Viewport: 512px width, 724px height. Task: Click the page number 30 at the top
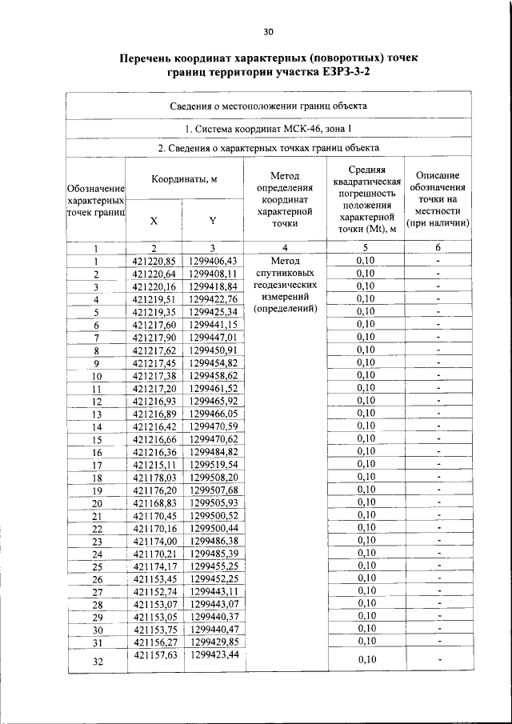pos(268,32)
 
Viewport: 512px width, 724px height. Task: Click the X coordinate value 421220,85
pos(154,261)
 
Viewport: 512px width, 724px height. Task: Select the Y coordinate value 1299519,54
pos(214,464)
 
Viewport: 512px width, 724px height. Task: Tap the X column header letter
pos(154,222)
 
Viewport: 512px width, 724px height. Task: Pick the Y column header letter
pos(213,222)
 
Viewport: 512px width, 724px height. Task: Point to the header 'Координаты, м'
pos(184,179)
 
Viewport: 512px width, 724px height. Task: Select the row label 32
pos(96,661)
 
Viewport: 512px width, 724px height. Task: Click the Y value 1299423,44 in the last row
pos(214,655)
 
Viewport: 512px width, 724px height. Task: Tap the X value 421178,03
pos(154,477)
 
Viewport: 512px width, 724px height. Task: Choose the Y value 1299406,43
pos(214,261)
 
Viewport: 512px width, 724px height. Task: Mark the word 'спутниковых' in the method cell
pos(285,273)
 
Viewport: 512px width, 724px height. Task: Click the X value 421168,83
pos(154,502)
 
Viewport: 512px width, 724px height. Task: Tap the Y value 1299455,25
pos(214,566)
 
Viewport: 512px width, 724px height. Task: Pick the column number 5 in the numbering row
pos(364,248)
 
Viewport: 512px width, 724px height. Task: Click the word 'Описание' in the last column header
pos(438,174)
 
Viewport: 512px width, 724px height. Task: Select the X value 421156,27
pos(154,642)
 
